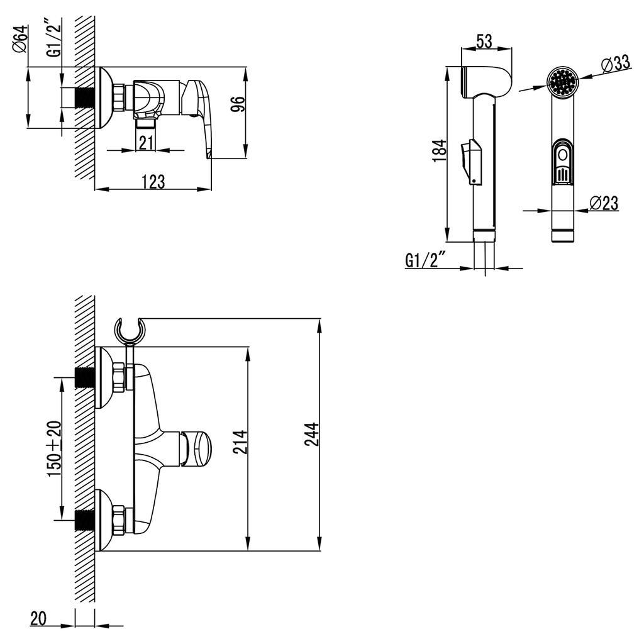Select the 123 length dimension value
click(153, 182)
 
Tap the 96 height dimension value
click(236, 104)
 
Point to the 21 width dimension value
click(146, 143)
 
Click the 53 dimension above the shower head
click(484, 42)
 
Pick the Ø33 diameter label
click(616, 63)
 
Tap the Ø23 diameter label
click(604, 203)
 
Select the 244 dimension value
click(313, 435)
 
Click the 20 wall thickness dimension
click(39, 619)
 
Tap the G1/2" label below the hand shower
click(426, 260)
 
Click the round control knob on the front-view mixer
click(199, 447)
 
